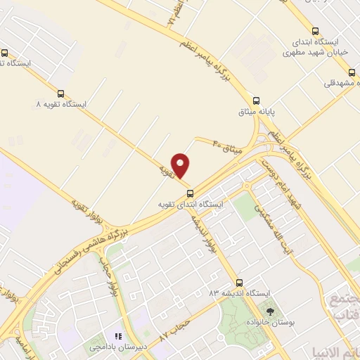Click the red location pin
click(181, 165)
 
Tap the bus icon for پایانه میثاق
click(257, 100)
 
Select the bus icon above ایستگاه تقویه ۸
click(61, 93)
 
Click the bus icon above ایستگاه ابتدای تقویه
click(189, 193)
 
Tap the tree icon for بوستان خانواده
click(269, 309)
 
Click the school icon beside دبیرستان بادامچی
click(119, 337)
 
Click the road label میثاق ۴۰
click(227, 146)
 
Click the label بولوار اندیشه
click(201, 233)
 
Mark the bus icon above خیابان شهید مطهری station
click(314, 31)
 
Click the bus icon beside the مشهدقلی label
click(352, 72)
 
